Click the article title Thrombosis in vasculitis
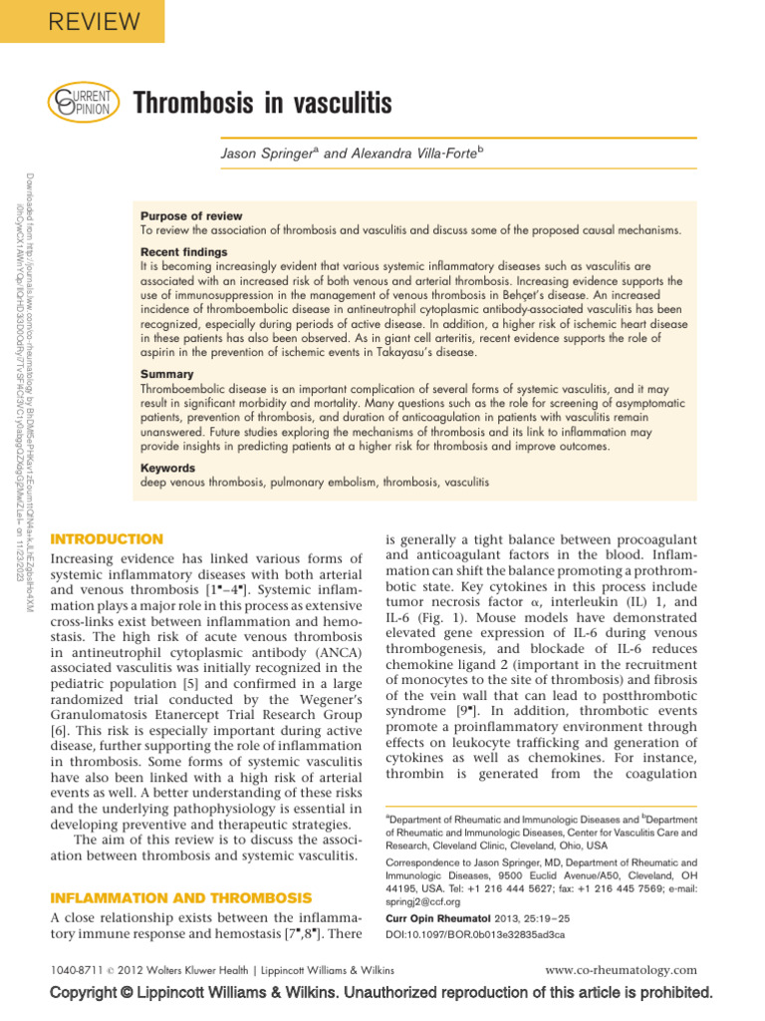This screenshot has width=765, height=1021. [262, 103]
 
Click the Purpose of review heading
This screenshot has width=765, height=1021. [191, 216]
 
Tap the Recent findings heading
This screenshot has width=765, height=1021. [183, 252]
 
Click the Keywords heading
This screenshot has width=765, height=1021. [168, 467]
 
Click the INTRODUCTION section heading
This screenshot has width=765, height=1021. [107, 539]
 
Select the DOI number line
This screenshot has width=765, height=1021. [474, 934]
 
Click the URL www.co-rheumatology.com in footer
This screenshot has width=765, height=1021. [623, 969]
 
